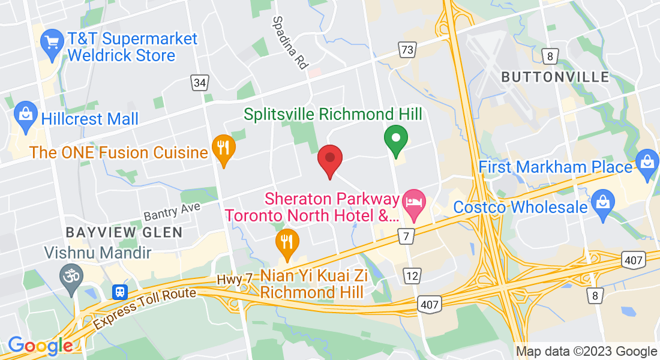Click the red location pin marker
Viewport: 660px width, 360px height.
click(x=329, y=160)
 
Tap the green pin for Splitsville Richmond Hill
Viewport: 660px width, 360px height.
click(x=396, y=139)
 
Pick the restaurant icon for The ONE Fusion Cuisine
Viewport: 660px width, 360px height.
click(x=224, y=148)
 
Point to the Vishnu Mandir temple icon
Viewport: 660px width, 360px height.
click(x=72, y=277)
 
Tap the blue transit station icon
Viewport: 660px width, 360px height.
click(x=121, y=292)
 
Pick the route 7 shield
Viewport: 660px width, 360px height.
click(x=406, y=236)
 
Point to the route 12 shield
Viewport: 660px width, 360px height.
click(x=412, y=275)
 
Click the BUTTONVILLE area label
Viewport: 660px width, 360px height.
click(x=554, y=77)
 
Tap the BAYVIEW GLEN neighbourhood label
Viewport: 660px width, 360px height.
click(x=124, y=232)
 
